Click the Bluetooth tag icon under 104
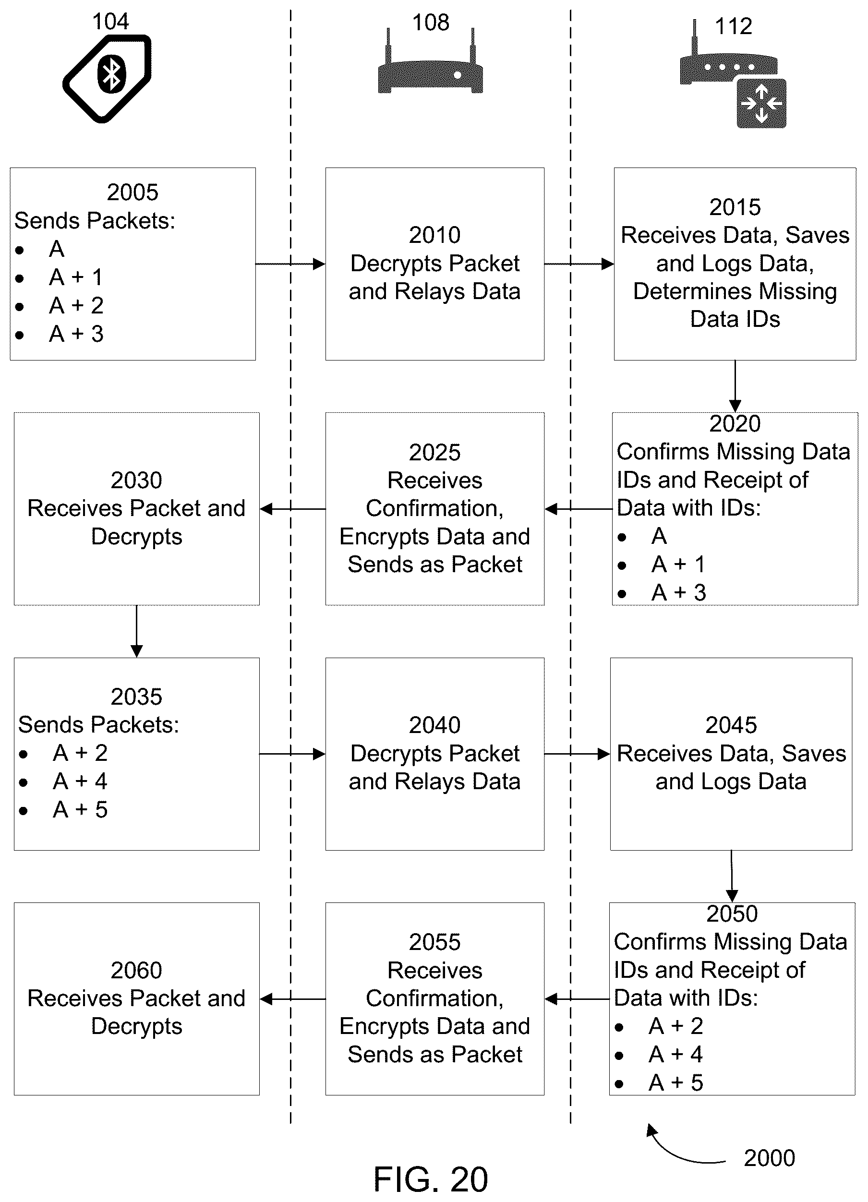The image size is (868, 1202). point(108,78)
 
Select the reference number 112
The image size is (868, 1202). point(734,26)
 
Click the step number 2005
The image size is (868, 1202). point(133,192)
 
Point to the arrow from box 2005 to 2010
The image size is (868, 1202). point(290,264)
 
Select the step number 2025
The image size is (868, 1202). point(434,453)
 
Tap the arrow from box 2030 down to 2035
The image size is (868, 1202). point(137,631)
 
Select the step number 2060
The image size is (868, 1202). point(136,971)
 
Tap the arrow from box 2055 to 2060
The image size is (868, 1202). point(293,999)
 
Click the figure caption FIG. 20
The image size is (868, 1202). point(430,1179)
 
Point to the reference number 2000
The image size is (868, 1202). point(769,1158)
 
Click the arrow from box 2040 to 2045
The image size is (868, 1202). point(577,754)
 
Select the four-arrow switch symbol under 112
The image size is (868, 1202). point(761,103)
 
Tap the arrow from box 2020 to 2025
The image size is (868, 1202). point(578,509)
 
